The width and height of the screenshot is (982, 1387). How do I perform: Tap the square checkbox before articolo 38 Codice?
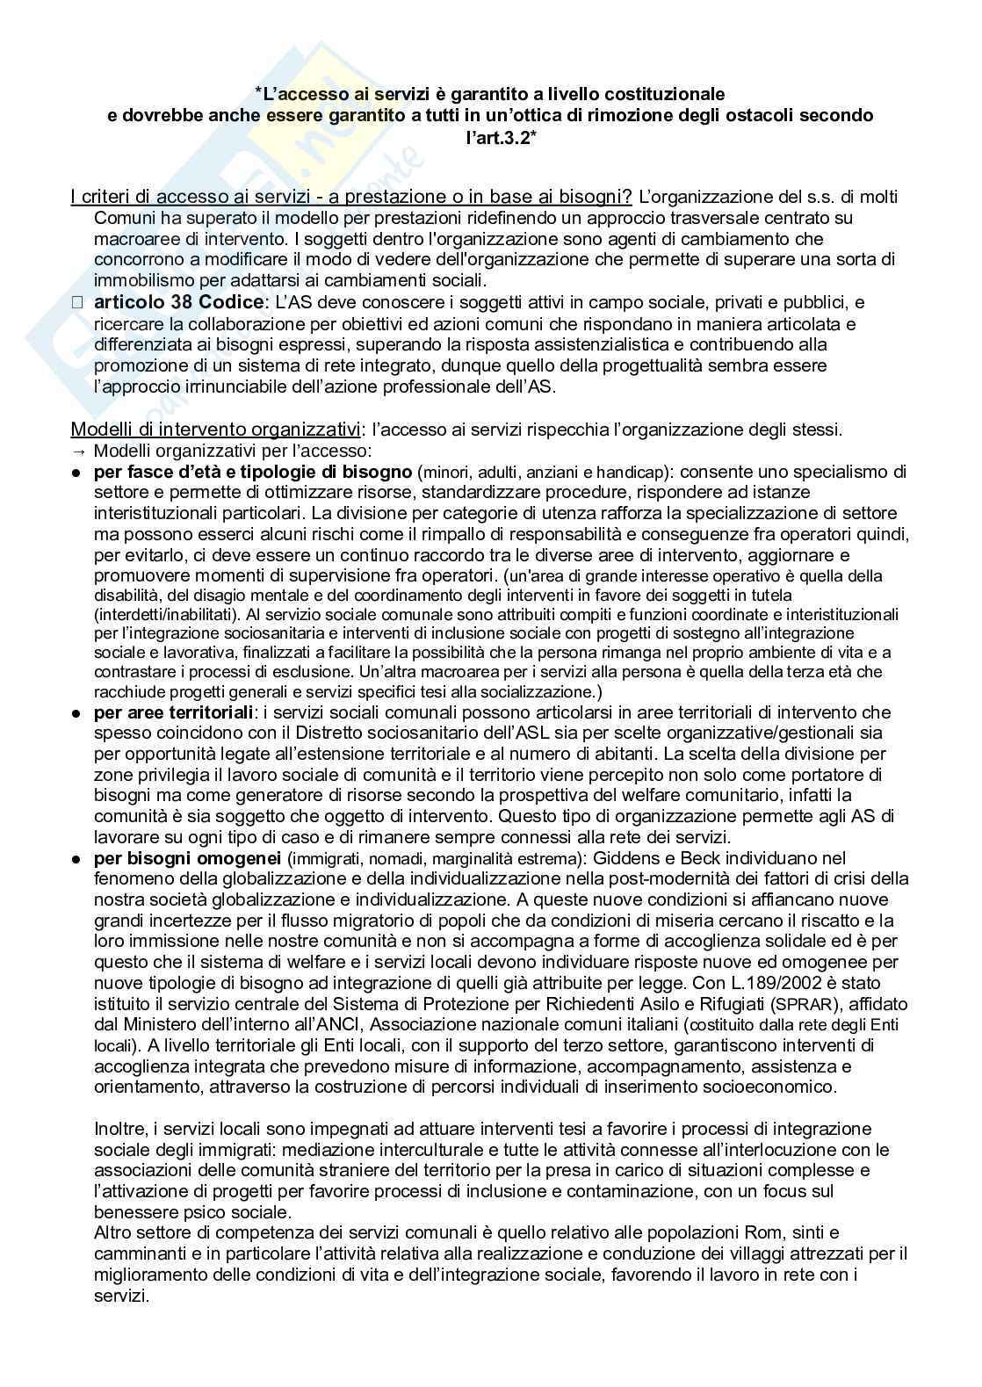(76, 303)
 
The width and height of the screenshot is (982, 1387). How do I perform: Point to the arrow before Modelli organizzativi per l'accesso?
(76, 451)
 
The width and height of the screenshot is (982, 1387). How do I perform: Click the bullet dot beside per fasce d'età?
(76, 473)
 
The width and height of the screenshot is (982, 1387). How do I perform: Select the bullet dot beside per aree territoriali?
(76, 712)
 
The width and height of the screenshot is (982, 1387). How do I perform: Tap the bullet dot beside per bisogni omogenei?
(76, 858)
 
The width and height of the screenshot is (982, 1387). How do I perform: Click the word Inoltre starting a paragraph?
(119, 1128)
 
